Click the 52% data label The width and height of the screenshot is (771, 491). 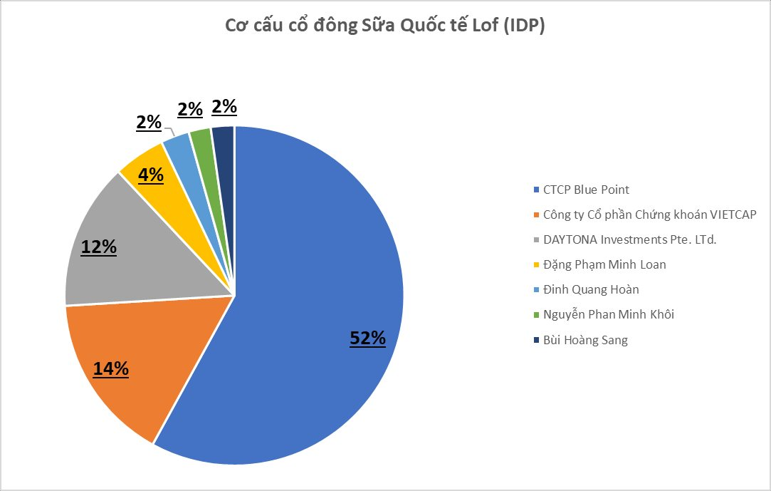(367, 338)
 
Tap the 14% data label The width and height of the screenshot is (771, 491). (111, 368)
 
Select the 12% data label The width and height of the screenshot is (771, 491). (98, 247)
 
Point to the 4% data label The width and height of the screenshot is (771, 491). (151, 175)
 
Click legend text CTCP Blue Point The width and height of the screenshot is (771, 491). (586, 190)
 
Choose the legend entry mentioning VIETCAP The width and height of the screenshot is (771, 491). (649, 215)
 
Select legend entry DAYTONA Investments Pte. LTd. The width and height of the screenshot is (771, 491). (629, 239)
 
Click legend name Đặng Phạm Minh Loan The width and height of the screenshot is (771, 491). (604, 264)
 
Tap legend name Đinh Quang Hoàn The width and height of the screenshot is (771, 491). (591, 289)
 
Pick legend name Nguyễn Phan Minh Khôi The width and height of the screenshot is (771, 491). (608, 314)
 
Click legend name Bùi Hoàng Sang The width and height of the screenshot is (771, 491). (585, 340)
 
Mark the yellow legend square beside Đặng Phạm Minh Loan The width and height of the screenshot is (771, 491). (536, 265)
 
